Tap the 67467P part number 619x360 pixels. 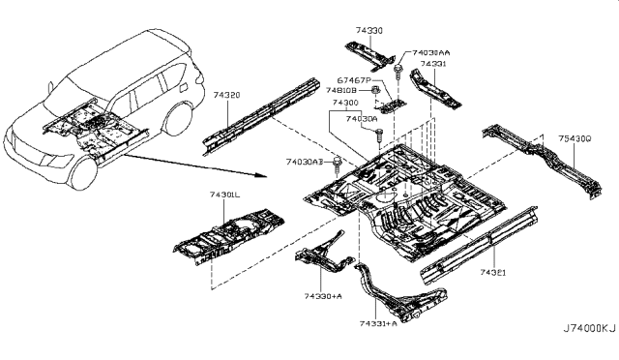[354, 79]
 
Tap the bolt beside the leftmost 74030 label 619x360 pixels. [337, 161]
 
